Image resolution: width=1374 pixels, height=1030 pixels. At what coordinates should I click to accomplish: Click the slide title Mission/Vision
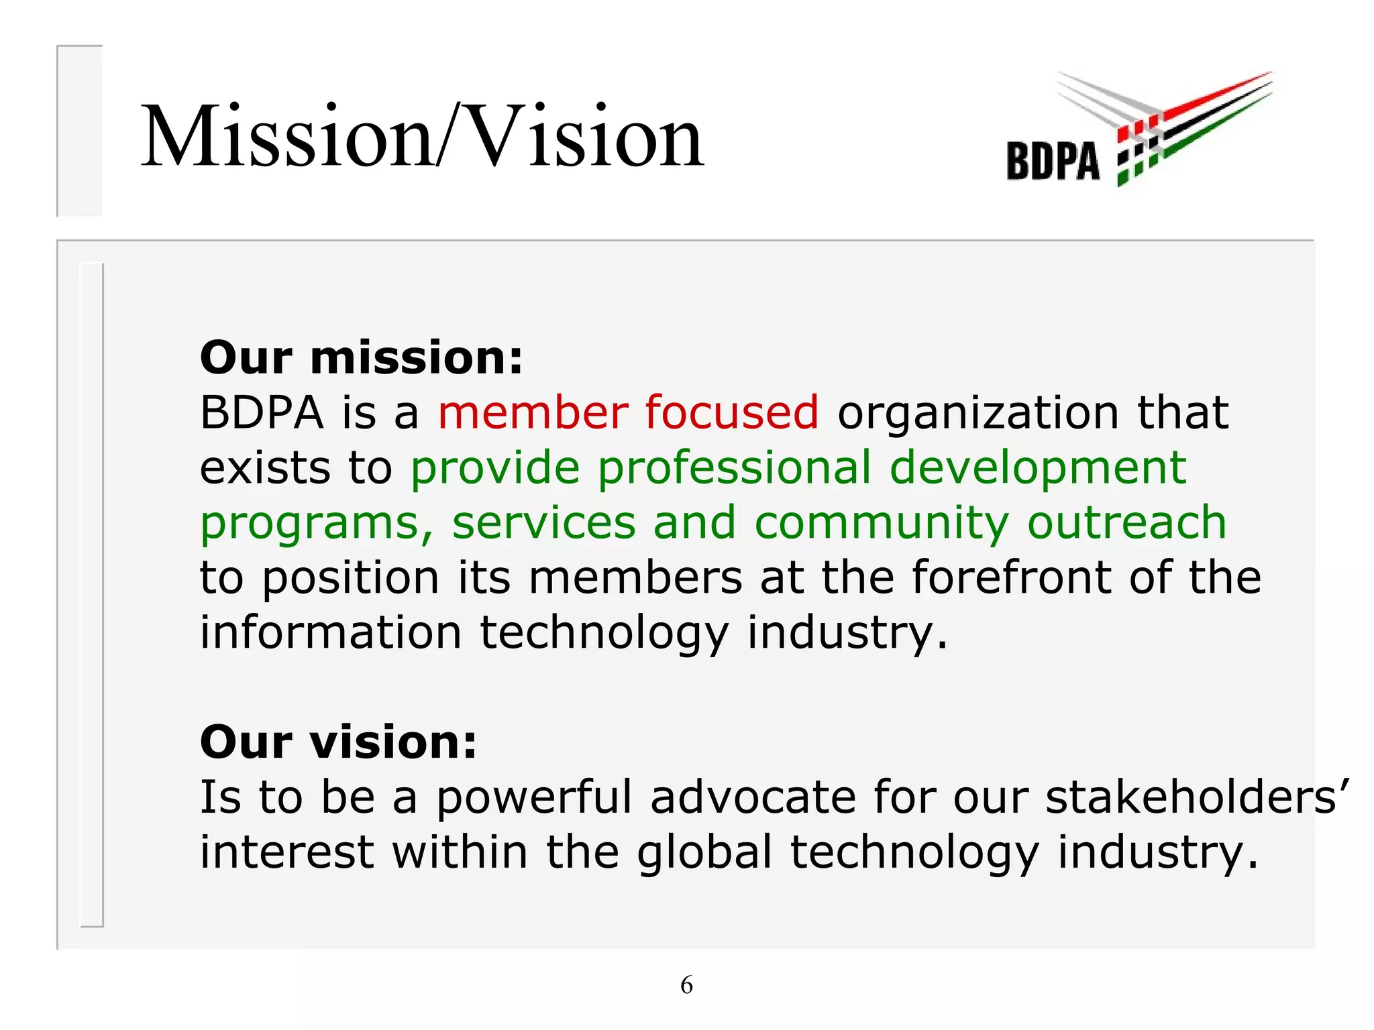tap(423, 137)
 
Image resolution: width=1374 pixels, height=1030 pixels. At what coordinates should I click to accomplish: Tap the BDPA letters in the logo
tap(1053, 162)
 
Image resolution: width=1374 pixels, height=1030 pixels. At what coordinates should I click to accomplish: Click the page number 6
tap(686, 984)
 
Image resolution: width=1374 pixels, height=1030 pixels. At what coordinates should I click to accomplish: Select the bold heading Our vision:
tap(338, 742)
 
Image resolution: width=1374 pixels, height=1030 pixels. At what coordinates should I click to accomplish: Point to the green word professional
tap(735, 468)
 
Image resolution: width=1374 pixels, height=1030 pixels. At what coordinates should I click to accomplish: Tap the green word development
tap(1038, 468)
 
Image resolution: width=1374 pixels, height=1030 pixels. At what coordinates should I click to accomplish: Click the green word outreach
tap(1126, 522)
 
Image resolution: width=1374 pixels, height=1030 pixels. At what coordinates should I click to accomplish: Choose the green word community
tap(882, 524)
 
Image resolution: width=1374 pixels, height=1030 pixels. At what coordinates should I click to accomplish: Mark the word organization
tap(977, 413)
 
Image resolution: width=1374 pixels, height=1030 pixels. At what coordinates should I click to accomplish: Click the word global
tap(704, 853)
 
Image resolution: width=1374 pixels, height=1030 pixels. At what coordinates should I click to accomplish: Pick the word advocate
tap(753, 797)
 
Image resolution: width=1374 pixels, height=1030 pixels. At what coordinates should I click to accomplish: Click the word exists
tap(266, 468)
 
